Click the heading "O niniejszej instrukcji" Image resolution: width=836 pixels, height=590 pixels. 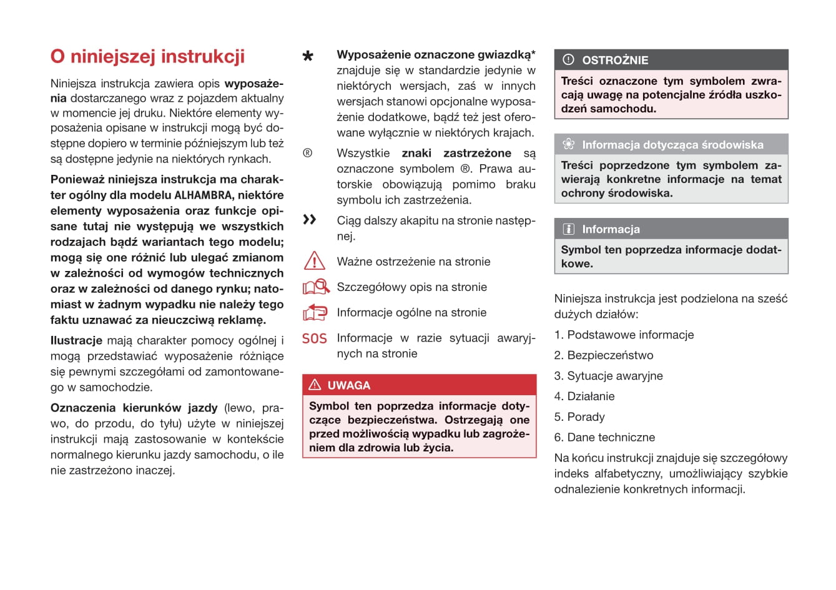click(x=147, y=57)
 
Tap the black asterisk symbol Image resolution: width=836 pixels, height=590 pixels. click(x=308, y=57)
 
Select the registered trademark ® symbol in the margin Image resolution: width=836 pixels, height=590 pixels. click(x=307, y=153)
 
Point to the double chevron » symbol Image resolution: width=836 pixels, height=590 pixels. click(x=310, y=219)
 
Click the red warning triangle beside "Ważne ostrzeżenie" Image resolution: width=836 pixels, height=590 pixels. click(x=314, y=260)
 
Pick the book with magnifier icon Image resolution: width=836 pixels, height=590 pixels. click(x=316, y=287)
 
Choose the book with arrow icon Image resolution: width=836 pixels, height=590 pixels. click(x=315, y=312)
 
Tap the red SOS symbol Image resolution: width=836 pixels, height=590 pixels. click(x=314, y=338)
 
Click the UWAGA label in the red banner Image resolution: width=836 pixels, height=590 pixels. click(x=349, y=385)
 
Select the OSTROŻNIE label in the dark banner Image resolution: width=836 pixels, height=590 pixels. click(x=615, y=61)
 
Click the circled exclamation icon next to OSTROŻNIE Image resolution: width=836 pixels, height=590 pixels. click(x=568, y=60)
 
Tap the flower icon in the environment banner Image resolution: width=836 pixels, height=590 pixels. click(x=568, y=144)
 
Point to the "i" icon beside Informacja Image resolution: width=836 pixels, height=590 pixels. click(x=568, y=229)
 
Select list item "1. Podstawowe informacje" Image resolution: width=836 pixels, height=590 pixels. click(x=624, y=335)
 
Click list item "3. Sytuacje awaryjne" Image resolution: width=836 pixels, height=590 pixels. click(x=608, y=376)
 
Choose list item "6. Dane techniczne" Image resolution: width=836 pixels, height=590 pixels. click(x=604, y=438)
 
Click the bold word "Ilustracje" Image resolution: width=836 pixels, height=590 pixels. click(x=76, y=341)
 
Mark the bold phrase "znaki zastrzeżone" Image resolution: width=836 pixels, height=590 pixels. click(x=456, y=153)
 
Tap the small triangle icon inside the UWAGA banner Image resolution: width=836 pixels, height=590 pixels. click(x=315, y=385)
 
